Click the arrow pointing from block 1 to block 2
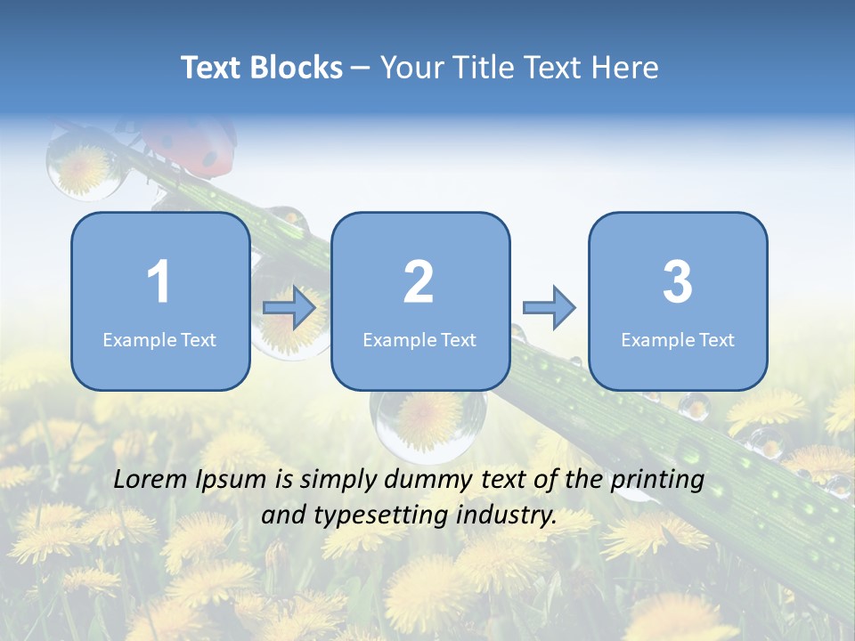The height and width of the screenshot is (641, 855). (289, 308)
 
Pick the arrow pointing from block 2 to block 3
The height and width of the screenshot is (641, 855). (549, 308)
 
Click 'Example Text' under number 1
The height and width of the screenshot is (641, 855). (159, 340)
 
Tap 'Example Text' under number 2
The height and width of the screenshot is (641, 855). (419, 340)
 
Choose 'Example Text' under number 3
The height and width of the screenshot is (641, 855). (678, 340)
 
